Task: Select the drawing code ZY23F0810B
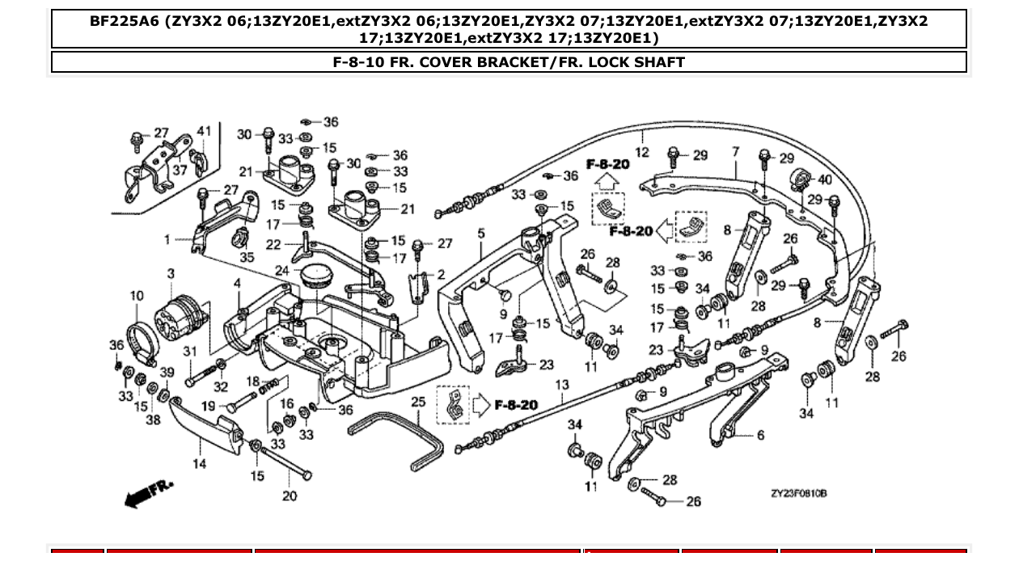point(798,493)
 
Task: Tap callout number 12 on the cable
point(641,151)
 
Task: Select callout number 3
point(171,274)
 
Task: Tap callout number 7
point(735,151)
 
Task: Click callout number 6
point(759,435)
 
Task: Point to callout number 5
point(481,234)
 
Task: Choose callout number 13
point(562,385)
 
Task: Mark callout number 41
point(204,131)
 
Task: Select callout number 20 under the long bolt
point(290,496)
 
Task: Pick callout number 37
point(180,171)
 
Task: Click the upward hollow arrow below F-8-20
point(607,183)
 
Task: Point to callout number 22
point(273,245)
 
